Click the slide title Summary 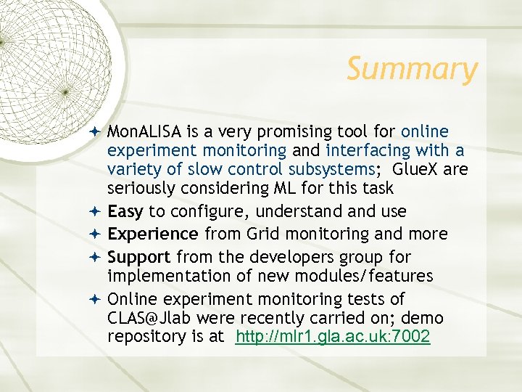click(x=412, y=70)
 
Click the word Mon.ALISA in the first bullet click(x=144, y=131)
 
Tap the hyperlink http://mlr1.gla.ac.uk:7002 click(x=333, y=337)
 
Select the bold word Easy click(x=126, y=211)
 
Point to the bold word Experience click(x=152, y=234)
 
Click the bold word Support click(x=139, y=257)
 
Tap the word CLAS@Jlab click(x=150, y=318)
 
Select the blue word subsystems click(x=329, y=169)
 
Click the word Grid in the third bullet click(x=263, y=234)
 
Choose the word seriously click(x=139, y=188)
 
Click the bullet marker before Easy click(x=97, y=212)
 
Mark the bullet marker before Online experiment click(x=97, y=299)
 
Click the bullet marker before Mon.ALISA click(x=97, y=132)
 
